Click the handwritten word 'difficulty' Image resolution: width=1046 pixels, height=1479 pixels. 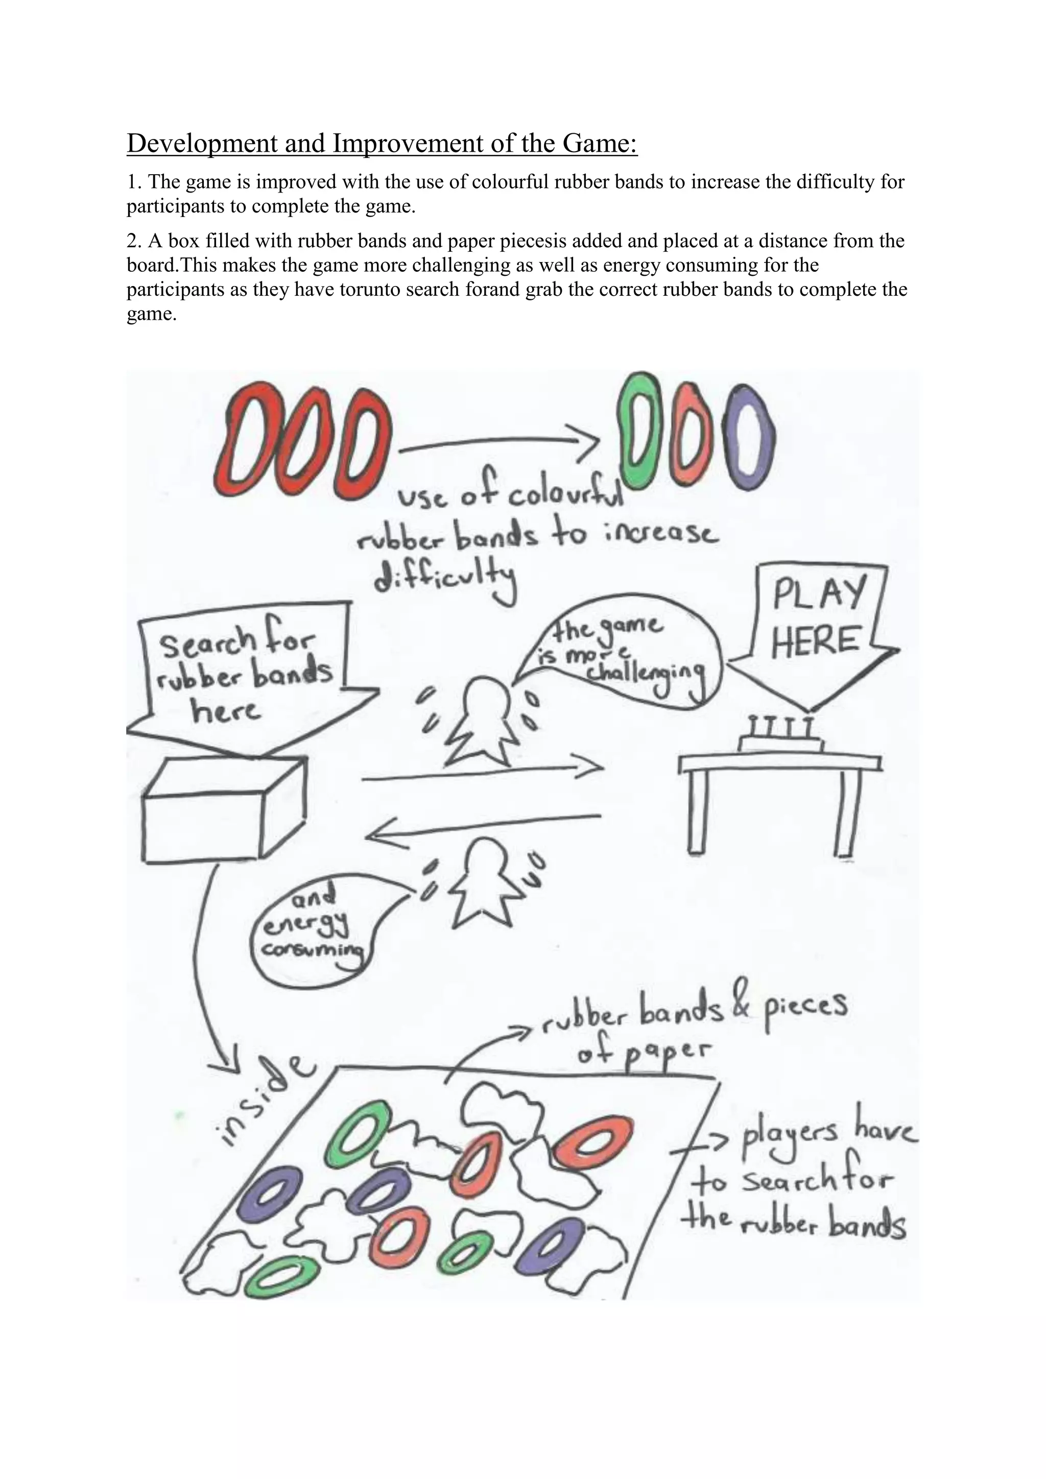click(x=446, y=577)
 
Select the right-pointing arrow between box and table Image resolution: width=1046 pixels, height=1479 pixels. click(x=483, y=774)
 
